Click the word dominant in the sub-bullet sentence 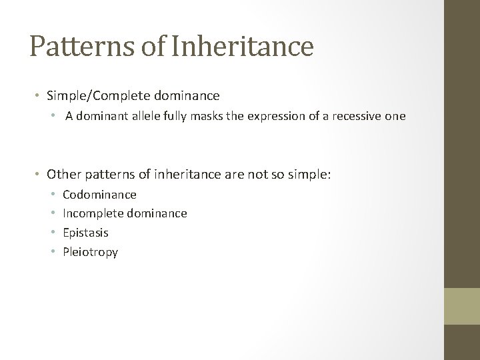pyautogui.click(x=97, y=117)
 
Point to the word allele pyautogui.click(x=139, y=117)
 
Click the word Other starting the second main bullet pyautogui.click(x=62, y=175)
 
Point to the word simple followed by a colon pyautogui.click(x=311, y=175)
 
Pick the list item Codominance pyautogui.click(x=99, y=195)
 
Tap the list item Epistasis pyautogui.click(x=85, y=233)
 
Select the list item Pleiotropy pyautogui.click(x=90, y=252)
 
